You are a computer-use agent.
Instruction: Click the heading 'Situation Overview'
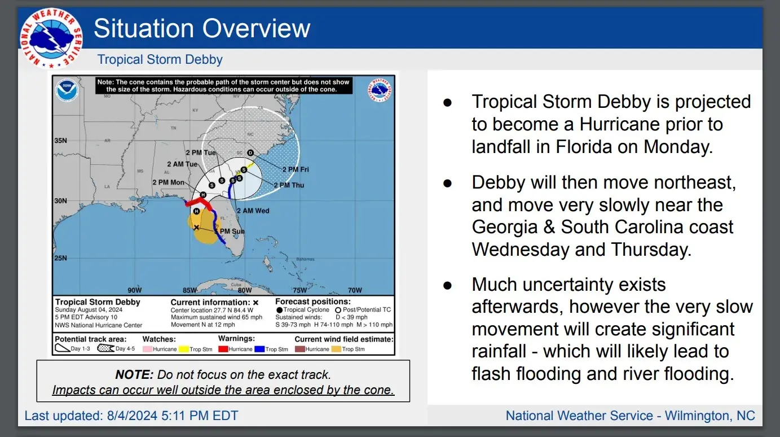[x=202, y=28]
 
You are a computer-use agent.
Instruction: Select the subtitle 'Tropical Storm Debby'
[x=160, y=59]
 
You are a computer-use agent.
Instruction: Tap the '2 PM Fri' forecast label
[x=295, y=169]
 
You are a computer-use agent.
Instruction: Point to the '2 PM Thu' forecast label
[x=288, y=185]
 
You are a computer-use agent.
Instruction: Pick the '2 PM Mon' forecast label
[x=168, y=182]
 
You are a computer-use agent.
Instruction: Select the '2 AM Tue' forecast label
[x=182, y=164]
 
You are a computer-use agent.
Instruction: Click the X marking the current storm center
[x=196, y=228]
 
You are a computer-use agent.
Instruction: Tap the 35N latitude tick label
[x=60, y=140]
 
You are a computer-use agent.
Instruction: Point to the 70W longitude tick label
[x=354, y=290]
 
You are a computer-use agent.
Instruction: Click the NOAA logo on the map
[x=67, y=90]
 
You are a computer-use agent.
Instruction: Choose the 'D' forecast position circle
[x=250, y=153]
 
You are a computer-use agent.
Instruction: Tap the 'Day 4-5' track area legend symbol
[x=105, y=348]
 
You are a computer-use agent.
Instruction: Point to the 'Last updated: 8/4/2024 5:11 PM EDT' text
[x=131, y=416]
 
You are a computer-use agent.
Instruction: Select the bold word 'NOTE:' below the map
[x=134, y=374]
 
